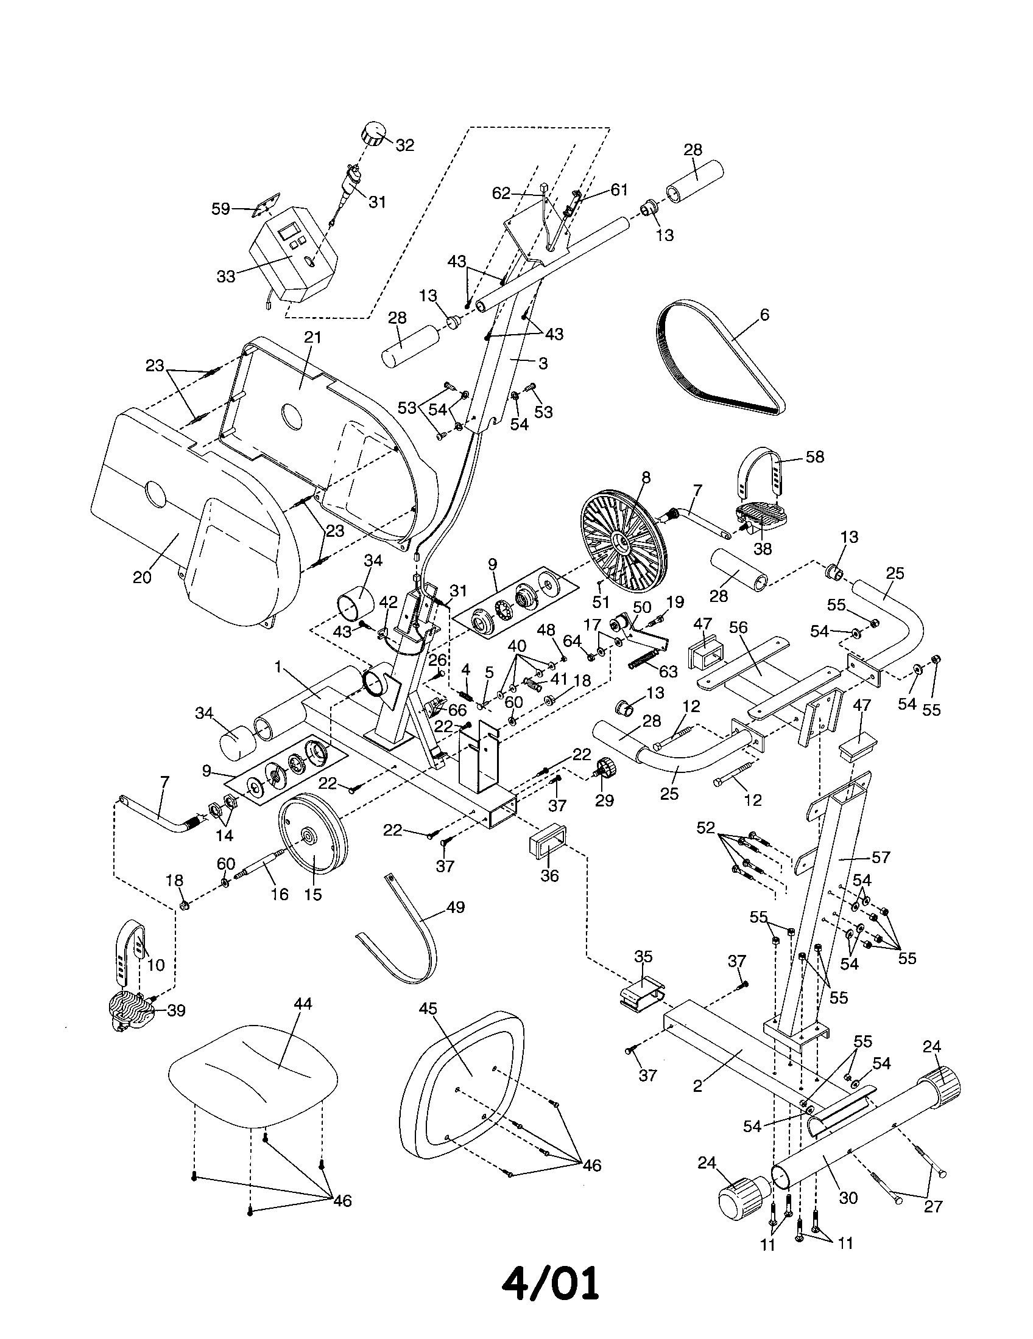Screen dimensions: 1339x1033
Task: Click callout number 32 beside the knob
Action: (404, 145)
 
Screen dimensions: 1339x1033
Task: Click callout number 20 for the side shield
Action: (142, 577)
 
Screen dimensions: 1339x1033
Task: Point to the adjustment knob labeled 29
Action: (605, 769)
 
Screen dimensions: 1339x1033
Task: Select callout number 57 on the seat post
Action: (880, 857)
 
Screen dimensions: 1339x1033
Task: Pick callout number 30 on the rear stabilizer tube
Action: (848, 1198)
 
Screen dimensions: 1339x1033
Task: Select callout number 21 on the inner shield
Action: (312, 337)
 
